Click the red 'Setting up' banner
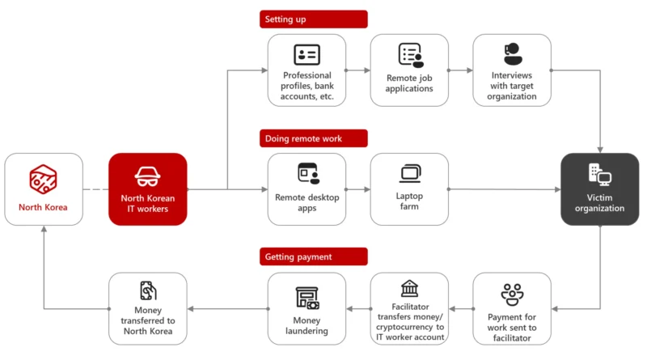pos(314,19)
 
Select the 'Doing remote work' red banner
pos(314,138)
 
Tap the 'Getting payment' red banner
pos(314,256)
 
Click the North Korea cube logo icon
pos(43,179)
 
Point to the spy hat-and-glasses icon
pos(148,176)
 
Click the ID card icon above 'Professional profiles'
pos(307,54)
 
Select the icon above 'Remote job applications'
pos(411,55)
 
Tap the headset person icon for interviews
pos(513,53)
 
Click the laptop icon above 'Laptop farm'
pos(410,173)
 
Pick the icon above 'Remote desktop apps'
pos(309,173)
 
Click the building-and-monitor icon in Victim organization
pos(600,174)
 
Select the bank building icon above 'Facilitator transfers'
pos(410,289)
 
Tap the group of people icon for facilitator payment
pos(512,294)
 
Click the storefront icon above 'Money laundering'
pos(307,298)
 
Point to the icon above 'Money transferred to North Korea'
pos(148,290)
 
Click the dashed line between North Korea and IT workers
pos(95,189)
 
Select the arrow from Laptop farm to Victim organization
pos(504,189)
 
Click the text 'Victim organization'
pos(599,203)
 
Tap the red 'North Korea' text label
pos(43,207)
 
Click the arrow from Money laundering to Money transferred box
pos(227,309)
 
